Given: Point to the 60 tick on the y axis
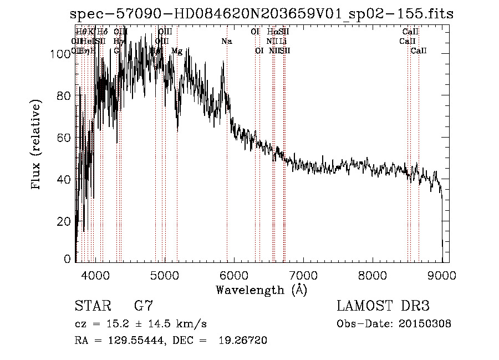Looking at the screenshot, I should pyautogui.click(x=65, y=138).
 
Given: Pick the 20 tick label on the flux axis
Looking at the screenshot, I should pyautogui.click(x=65, y=221).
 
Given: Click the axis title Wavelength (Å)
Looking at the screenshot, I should pyautogui.click(x=261, y=290).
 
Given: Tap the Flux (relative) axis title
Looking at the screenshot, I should pyautogui.click(x=37, y=145).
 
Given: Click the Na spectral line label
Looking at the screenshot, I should pyautogui.click(x=226, y=42).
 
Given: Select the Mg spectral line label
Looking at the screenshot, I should pyautogui.click(x=177, y=51).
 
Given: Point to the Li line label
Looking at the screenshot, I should pyautogui.click(x=283, y=42).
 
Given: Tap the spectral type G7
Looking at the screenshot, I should pyautogui.click(x=144, y=306).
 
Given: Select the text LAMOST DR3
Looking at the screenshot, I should pyautogui.click(x=383, y=306).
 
